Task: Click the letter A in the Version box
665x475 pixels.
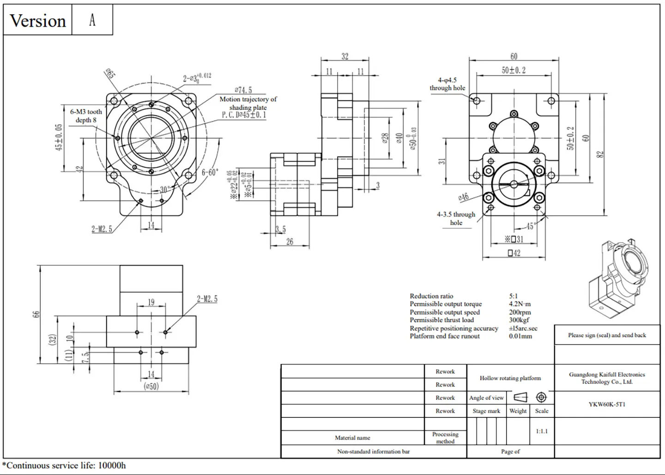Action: tap(92, 20)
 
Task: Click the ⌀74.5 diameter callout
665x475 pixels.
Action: tap(243, 90)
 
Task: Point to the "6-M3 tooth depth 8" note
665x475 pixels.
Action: tap(86, 116)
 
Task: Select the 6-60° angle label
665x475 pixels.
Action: tap(210, 172)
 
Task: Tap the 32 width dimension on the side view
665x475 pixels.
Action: tap(345, 56)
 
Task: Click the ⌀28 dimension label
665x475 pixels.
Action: tap(385, 138)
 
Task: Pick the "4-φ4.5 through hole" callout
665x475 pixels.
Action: tap(447, 84)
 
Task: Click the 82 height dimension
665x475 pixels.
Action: tap(600, 154)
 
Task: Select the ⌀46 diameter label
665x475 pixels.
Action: tap(463, 197)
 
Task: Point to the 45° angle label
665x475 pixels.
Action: tap(530, 226)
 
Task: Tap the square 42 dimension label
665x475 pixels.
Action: tap(514, 253)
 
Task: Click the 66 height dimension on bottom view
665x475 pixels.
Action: tap(36, 314)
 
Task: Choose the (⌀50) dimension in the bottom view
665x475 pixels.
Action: tap(151, 386)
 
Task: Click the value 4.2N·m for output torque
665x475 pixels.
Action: tap(520, 304)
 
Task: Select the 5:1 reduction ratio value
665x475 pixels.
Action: tap(513, 296)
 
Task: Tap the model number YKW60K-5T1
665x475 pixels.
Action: tap(607, 404)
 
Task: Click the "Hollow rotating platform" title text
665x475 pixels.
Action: tap(510, 378)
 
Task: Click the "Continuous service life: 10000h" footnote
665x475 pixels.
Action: tap(64, 465)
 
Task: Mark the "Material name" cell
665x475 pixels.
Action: tap(352, 438)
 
